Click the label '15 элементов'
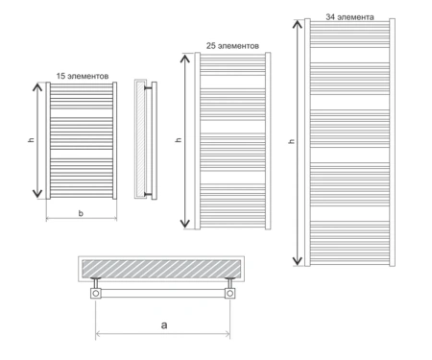point(83,76)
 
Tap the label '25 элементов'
point(232,46)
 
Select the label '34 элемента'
point(349,17)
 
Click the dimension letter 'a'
point(164,325)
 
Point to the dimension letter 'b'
point(81,213)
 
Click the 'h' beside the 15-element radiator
point(31,139)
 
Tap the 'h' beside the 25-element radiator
point(179,140)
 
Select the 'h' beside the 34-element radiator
point(291,141)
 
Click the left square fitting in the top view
point(96,293)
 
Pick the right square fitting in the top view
point(229,293)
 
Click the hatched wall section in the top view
point(161,269)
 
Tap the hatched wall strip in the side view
point(140,139)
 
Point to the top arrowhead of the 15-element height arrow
point(37,86)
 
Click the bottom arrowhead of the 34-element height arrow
point(298,261)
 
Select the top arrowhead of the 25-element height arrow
point(185,59)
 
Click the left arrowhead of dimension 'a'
point(99,334)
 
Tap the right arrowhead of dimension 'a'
point(227,334)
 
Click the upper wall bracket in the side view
point(148,87)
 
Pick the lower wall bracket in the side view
point(148,194)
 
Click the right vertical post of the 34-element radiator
point(392,142)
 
